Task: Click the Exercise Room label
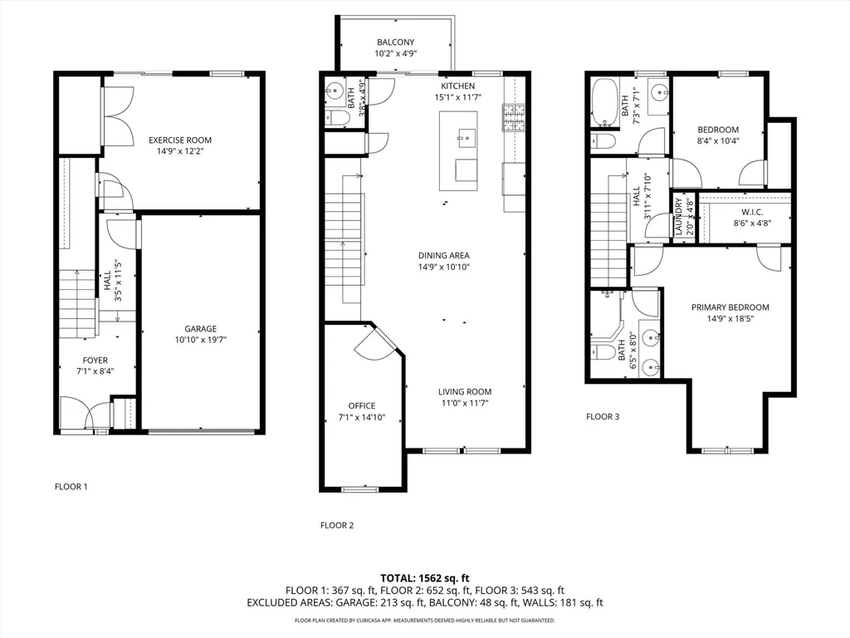point(180,140)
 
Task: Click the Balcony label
point(395,42)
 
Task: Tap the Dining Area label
point(444,255)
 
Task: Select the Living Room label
point(465,392)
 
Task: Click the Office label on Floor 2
point(361,405)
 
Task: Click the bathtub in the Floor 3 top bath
point(602,102)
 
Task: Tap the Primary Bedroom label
point(730,307)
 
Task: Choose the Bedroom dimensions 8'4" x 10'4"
point(718,140)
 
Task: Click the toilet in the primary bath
point(600,352)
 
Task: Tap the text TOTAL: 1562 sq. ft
point(425,577)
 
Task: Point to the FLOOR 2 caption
point(337,525)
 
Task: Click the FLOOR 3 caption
point(603,417)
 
